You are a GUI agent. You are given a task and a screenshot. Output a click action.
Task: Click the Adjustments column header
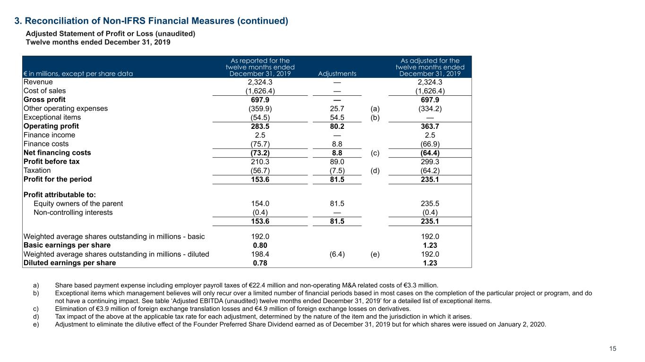click(x=337, y=74)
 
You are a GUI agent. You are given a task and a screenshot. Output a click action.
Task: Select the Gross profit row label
click(x=44, y=100)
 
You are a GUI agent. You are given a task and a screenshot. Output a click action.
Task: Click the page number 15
click(x=613, y=349)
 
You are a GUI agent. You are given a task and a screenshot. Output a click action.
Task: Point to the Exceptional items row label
click(x=52, y=117)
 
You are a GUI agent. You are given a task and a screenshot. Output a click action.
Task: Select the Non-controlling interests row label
click(x=73, y=212)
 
